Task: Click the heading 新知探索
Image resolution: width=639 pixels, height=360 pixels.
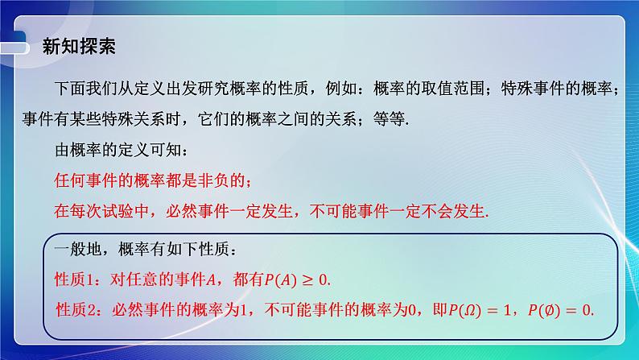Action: pyautogui.click(x=78, y=46)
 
